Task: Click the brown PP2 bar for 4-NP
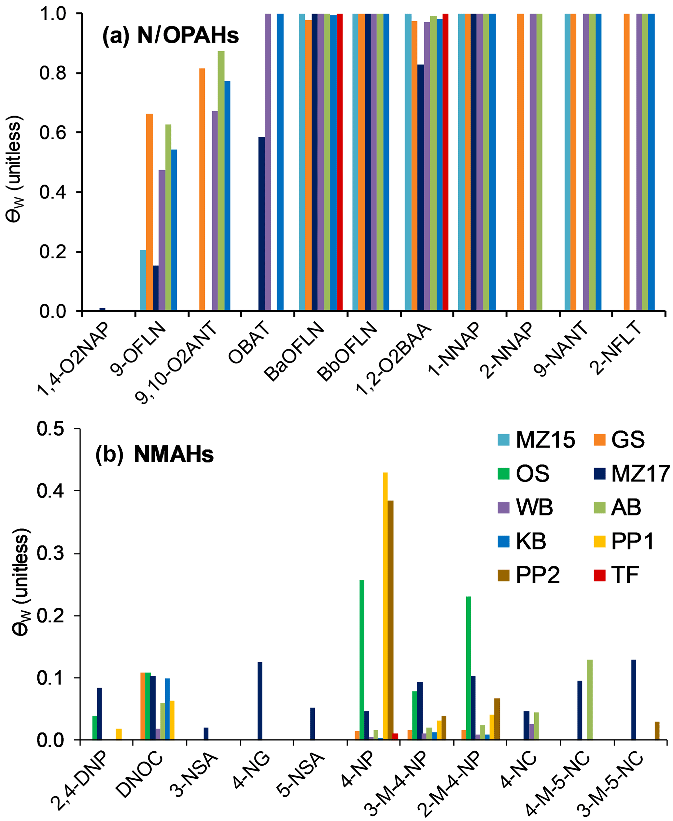coord(390,620)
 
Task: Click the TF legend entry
coord(616,575)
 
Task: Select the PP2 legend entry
coord(529,575)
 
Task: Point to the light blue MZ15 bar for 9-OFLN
coord(143,281)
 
